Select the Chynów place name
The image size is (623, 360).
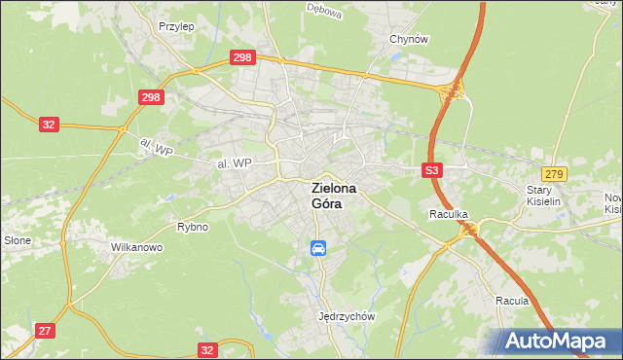coord(409,39)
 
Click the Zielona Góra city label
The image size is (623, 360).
coord(334,196)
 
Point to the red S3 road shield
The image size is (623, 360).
coord(433,170)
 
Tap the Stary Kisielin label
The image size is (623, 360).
coord(545,196)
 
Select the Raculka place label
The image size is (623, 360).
coord(450,213)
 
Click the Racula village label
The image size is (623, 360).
coord(511,301)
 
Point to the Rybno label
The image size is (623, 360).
coord(193,227)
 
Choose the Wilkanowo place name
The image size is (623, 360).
coord(136,247)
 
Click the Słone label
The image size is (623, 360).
coord(17,239)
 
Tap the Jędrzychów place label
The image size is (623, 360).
coord(347,316)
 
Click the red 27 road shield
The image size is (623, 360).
coord(45,331)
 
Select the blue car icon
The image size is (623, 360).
coord(318,248)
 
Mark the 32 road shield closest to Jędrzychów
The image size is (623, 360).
coord(206,348)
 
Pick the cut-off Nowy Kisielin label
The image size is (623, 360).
coord(612,202)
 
